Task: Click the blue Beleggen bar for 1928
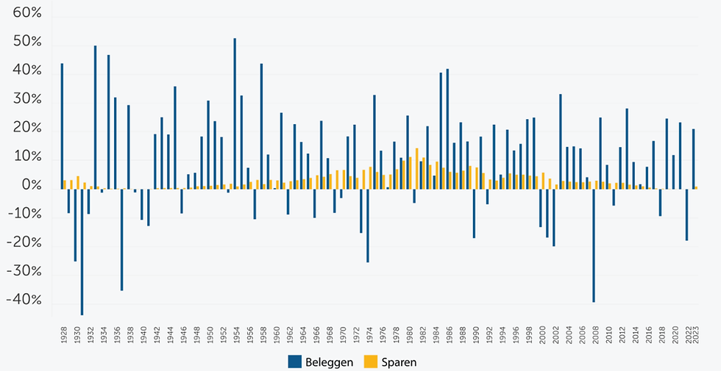click(62, 126)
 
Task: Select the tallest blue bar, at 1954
click(235, 113)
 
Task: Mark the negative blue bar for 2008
click(594, 245)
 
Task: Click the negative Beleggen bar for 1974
click(368, 225)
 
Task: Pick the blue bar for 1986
click(447, 129)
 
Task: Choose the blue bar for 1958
click(261, 126)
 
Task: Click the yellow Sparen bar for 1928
click(65, 184)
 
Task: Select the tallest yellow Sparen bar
click(417, 168)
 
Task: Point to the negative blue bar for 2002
click(553, 217)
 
